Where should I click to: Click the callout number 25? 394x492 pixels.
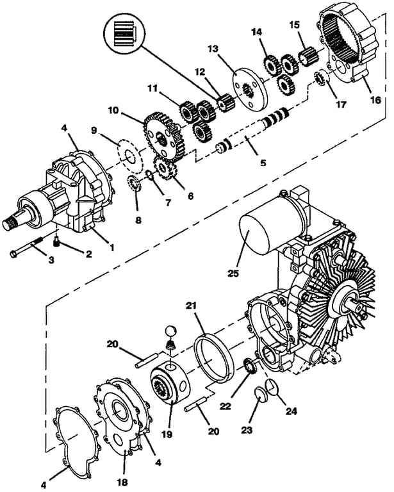233,273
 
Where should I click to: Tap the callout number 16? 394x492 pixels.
375,101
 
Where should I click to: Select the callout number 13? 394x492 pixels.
213,49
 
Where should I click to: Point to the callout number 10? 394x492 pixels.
113,110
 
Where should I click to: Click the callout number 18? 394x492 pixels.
122,482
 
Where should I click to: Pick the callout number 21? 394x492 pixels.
191,306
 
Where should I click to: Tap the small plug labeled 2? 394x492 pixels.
56,242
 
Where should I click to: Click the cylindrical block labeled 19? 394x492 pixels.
171,382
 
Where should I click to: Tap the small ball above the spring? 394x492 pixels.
170,331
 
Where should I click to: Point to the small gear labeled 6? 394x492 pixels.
165,168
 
